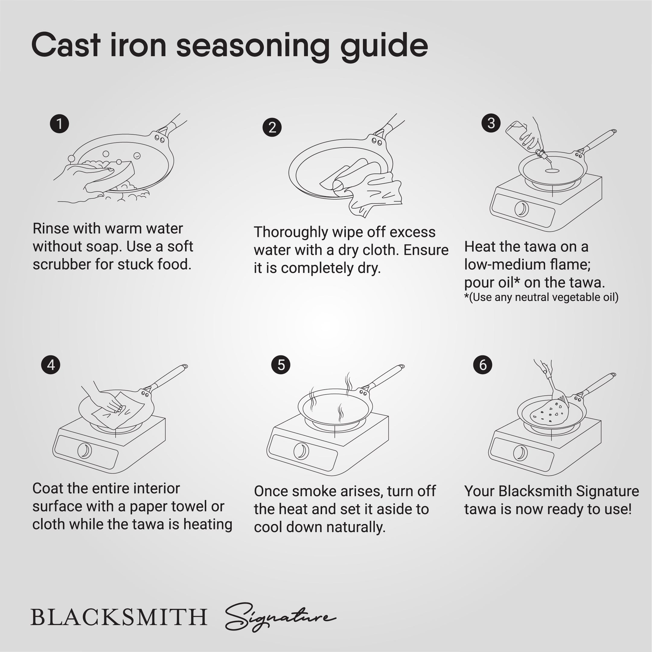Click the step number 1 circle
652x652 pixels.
click(59, 124)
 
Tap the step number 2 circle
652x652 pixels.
click(272, 127)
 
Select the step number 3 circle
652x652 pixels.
click(491, 123)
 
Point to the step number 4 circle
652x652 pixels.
click(51, 365)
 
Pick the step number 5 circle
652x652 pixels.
click(281, 365)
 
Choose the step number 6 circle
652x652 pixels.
click(483, 365)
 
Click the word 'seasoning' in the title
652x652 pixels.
click(253, 46)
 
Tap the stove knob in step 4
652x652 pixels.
click(85, 451)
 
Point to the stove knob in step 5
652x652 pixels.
click(301, 451)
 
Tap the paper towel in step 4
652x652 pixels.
click(117, 410)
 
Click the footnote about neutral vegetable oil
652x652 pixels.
click(541, 297)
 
